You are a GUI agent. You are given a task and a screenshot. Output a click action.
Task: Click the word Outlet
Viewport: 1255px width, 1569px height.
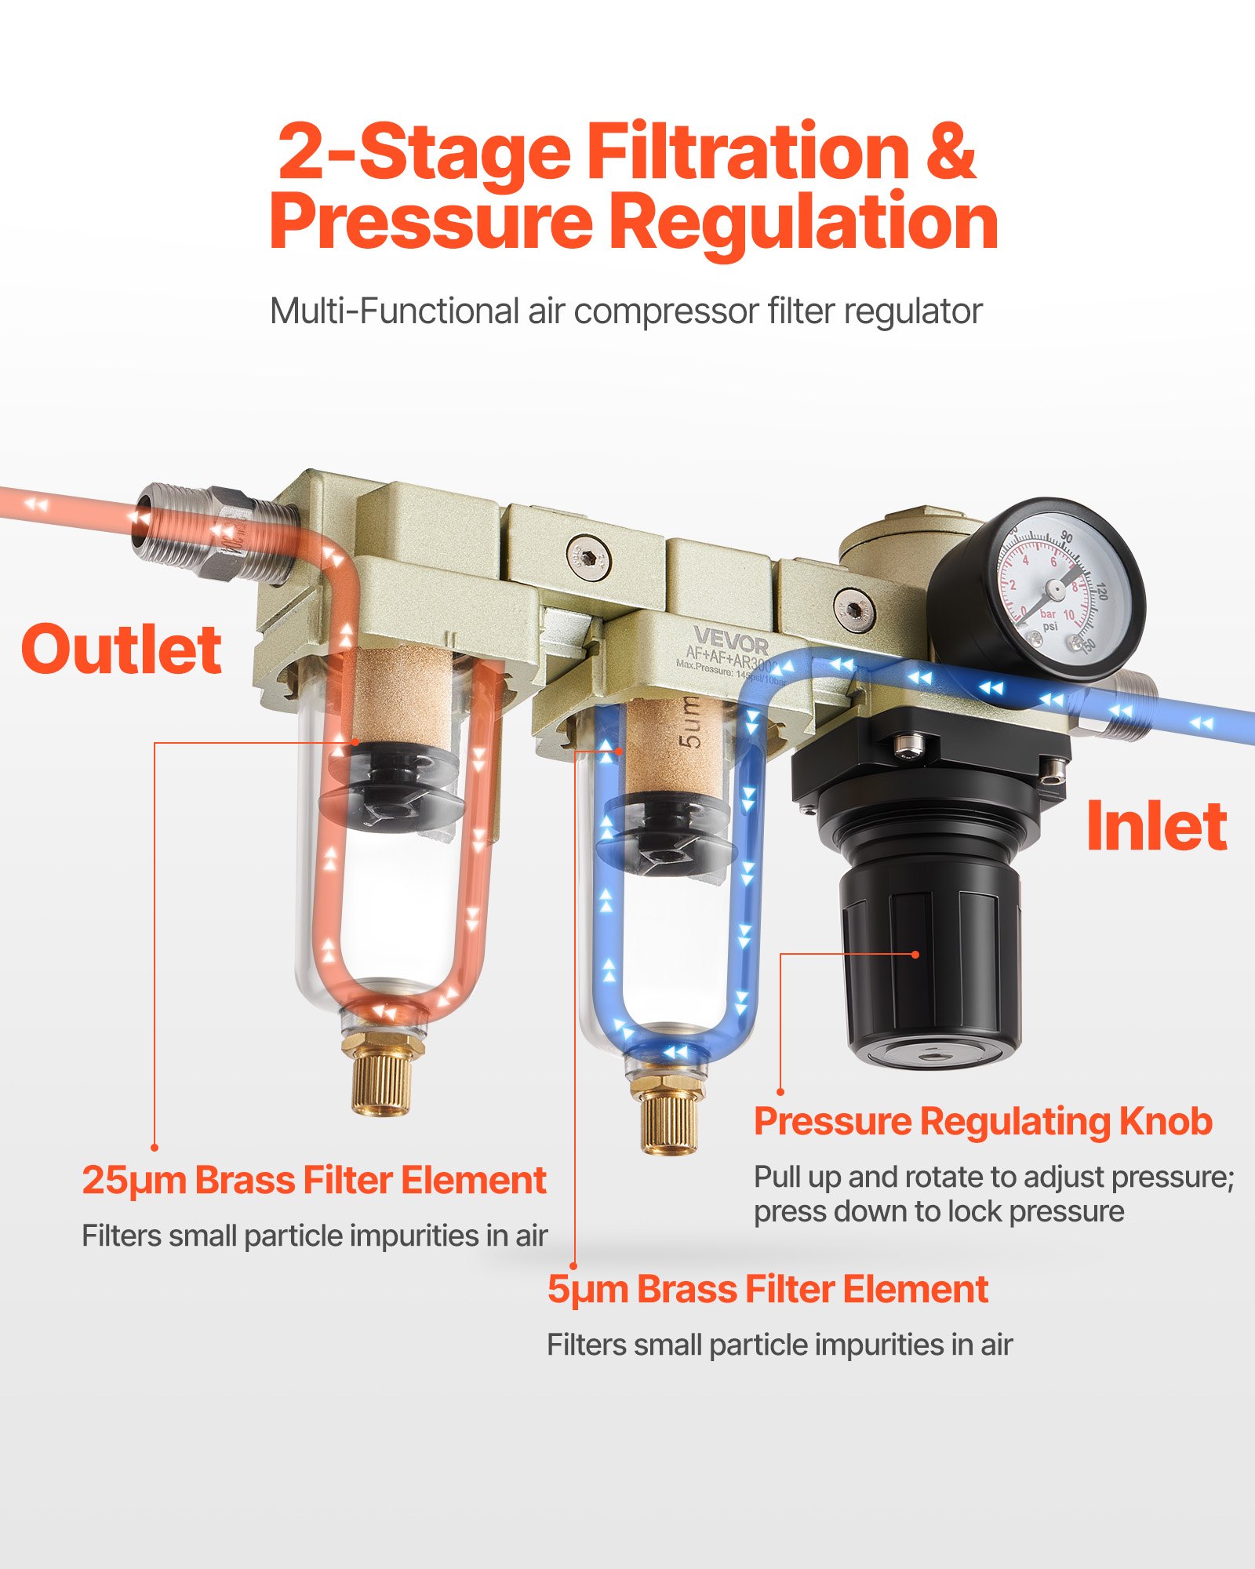[x=122, y=650]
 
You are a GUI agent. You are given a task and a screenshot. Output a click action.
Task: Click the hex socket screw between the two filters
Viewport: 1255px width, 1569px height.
[x=587, y=558]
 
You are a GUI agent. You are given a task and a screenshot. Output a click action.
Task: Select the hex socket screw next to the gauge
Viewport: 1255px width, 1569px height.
[x=853, y=609]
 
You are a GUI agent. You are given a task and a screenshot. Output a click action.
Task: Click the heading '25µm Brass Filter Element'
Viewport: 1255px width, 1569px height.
[x=314, y=1181]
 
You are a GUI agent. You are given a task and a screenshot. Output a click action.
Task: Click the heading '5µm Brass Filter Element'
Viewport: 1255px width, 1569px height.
[x=767, y=1290]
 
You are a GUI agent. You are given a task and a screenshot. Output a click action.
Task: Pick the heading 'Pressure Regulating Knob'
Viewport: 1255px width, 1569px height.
[x=982, y=1122]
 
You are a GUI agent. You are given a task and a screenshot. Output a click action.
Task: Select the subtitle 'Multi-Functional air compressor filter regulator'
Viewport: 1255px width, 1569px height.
[x=626, y=311]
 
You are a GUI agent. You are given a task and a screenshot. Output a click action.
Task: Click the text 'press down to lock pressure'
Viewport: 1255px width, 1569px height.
[x=938, y=1212]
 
